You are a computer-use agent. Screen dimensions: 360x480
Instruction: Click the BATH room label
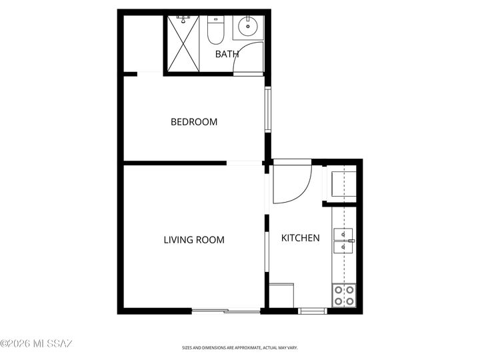pos(227,54)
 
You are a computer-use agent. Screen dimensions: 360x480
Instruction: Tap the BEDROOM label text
pos(194,122)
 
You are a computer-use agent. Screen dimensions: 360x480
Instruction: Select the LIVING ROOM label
pos(194,240)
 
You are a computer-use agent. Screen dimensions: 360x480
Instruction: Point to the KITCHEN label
pos(300,238)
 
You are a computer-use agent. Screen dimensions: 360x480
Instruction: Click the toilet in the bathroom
pos(215,29)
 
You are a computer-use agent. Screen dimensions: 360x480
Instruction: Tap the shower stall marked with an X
pos(183,43)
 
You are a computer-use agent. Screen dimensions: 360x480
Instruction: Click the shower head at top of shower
pos(183,19)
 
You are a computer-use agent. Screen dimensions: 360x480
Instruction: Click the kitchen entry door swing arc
pos(292,183)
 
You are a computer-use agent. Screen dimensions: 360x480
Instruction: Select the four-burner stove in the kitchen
pos(343,295)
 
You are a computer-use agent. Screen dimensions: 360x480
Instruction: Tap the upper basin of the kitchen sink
pos(343,234)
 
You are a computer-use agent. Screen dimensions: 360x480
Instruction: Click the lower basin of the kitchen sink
pos(343,247)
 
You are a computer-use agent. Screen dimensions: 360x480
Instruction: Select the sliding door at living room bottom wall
pos(225,311)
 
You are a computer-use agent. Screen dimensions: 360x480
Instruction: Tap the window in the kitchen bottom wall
pos(311,311)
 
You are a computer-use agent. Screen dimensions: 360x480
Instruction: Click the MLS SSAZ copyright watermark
pos(36,343)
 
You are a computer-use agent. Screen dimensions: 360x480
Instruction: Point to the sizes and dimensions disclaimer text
pos(240,347)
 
